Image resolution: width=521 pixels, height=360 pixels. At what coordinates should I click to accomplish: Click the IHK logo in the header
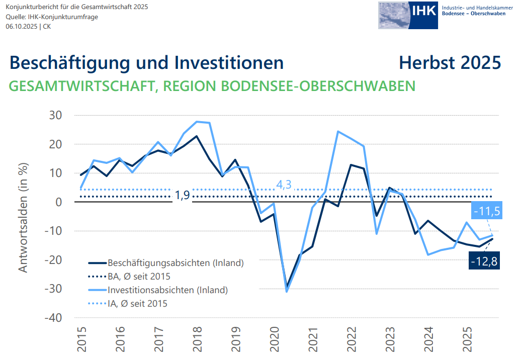[408, 16]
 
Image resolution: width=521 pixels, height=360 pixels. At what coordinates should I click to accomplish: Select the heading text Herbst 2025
[450, 63]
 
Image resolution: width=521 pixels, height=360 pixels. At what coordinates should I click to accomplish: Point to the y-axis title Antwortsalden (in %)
[23, 217]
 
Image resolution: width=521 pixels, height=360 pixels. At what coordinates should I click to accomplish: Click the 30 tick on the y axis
[56, 115]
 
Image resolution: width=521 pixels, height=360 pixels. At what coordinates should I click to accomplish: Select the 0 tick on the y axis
[58, 202]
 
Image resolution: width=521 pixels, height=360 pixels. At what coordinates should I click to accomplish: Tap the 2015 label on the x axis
[81, 338]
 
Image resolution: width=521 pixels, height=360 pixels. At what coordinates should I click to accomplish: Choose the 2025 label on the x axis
[467, 338]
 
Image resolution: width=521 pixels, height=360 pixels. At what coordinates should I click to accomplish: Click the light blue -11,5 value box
[486, 211]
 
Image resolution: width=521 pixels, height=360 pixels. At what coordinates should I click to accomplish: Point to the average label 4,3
[284, 185]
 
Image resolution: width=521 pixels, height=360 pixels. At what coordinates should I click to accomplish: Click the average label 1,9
[183, 196]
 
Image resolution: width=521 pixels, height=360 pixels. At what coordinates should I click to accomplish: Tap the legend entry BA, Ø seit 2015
[138, 276]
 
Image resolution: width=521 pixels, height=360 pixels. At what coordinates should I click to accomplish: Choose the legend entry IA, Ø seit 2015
[137, 304]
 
